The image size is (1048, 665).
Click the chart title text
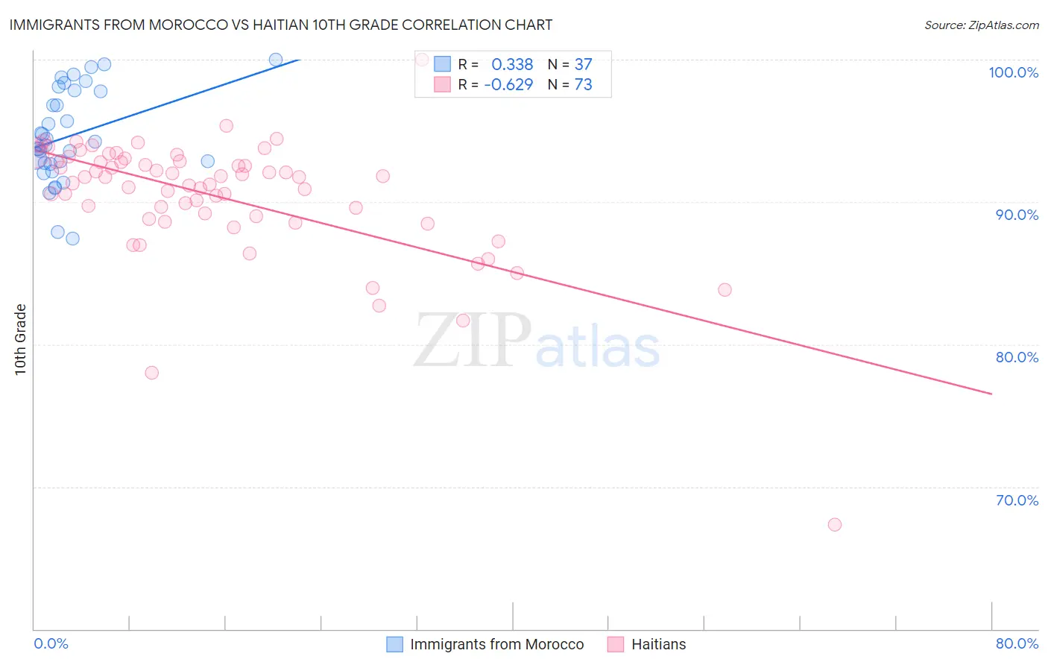pyautogui.click(x=280, y=25)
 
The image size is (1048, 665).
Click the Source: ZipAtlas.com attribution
pyautogui.click(x=981, y=25)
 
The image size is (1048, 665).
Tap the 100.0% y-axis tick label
pyautogui.click(x=1013, y=72)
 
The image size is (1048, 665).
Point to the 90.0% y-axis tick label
pyautogui.click(x=1017, y=215)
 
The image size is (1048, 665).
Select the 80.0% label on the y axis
pyautogui.click(x=1017, y=357)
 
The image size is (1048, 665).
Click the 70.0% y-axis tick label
pyautogui.click(x=1017, y=500)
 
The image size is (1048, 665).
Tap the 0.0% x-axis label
pyautogui.click(x=51, y=643)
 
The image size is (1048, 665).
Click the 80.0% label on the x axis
pyautogui.click(x=1017, y=643)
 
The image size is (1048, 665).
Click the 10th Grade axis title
pyautogui.click(x=21, y=339)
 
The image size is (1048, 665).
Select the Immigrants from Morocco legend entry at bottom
pyautogui.click(x=486, y=644)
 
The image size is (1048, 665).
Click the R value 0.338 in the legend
pyautogui.click(x=512, y=65)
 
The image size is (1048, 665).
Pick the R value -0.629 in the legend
pyautogui.click(x=508, y=85)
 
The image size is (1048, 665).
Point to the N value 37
pyautogui.click(x=583, y=65)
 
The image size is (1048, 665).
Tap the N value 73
pyautogui.click(x=583, y=85)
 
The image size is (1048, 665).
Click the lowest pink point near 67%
pyautogui.click(x=835, y=525)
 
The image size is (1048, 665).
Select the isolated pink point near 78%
pyautogui.click(x=152, y=373)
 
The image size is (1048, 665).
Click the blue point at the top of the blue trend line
pyautogui.click(x=276, y=60)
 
